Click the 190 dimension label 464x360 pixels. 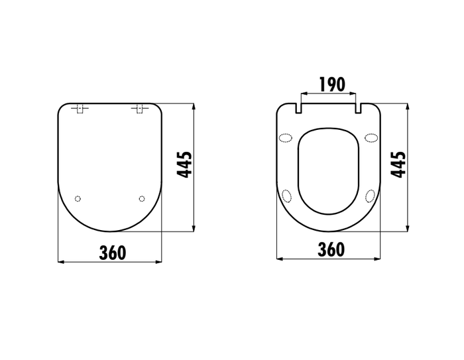332,84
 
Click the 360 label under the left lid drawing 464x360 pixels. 113,253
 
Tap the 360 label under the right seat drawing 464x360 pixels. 331,249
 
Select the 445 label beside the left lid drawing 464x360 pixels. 184,164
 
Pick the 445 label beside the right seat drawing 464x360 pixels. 398,164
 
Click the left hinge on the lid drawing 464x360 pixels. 80,109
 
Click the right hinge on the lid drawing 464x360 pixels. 140,109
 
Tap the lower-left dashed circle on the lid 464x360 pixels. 78,199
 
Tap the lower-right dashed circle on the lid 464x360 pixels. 142,199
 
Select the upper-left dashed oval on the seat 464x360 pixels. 286,138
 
